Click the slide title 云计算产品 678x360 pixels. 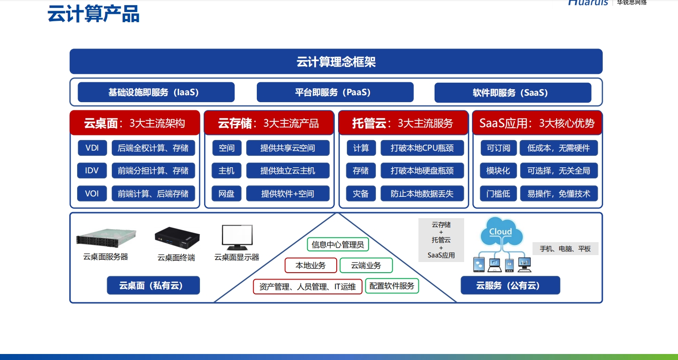click(93, 14)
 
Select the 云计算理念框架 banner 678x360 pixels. click(336, 61)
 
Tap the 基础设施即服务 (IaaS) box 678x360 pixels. click(156, 92)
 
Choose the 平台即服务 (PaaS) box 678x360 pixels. click(335, 92)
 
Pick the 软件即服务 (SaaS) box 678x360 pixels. click(512, 92)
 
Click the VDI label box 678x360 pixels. click(92, 148)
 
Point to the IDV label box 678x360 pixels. click(92, 171)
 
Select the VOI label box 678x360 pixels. click(92, 193)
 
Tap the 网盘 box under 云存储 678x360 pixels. click(226, 193)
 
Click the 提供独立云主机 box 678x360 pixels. click(288, 171)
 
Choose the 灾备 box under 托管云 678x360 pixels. click(361, 193)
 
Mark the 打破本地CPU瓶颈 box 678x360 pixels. click(422, 148)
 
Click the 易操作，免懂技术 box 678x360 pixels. click(559, 193)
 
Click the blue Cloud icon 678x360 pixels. click(501, 232)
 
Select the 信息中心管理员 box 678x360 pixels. click(338, 244)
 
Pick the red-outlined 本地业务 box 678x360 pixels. click(310, 265)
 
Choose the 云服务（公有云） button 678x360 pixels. click(510, 286)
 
